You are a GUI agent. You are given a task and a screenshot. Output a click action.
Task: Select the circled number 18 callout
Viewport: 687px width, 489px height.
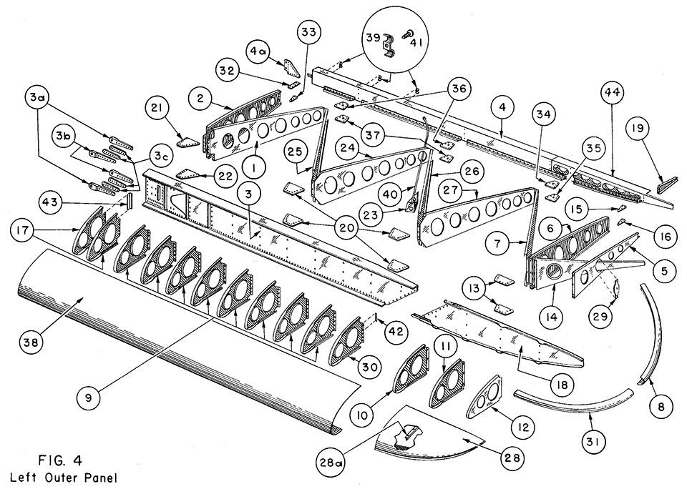pos(562,385)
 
